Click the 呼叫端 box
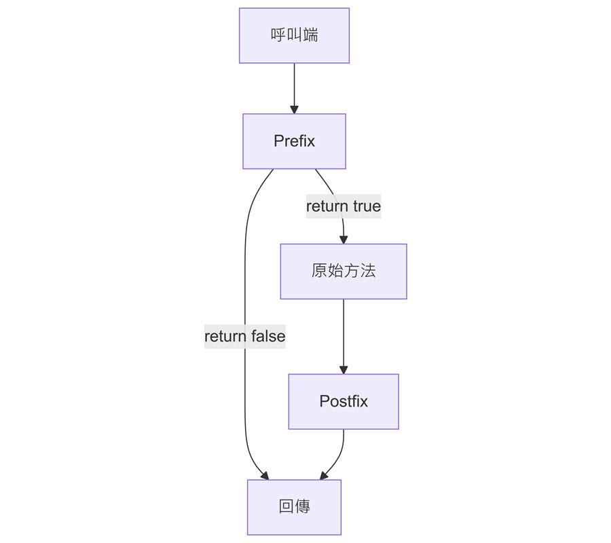pos(294,35)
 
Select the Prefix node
pos(294,141)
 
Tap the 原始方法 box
pos(344,271)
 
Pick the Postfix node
pos(344,401)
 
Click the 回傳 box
pos(294,506)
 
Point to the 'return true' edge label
pos(344,206)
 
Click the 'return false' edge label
pos(245,336)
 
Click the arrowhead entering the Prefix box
pos(294,109)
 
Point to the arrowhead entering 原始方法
pos(344,240)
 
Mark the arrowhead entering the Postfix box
pos(344,370)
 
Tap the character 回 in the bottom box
pos(286,506)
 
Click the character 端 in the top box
pos(310,35)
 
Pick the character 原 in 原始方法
pos(319,271)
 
